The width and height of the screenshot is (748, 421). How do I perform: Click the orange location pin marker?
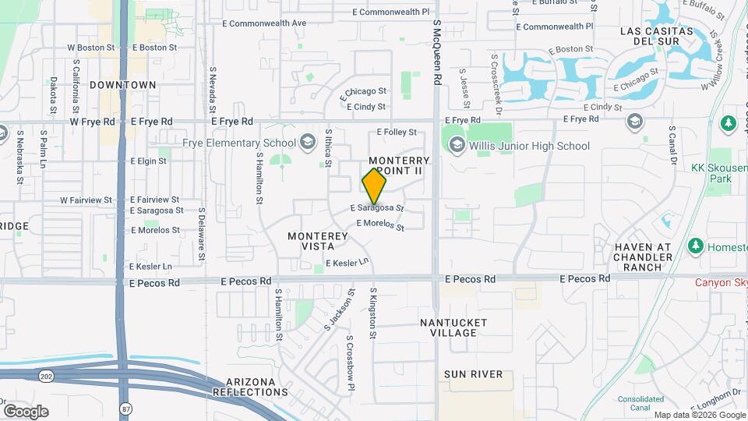pos(374,186)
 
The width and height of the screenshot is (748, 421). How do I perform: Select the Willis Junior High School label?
pos(529,146)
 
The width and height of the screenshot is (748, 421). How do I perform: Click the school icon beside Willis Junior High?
pos(456,145)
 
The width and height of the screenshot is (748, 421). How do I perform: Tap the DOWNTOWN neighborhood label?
pos(123,84)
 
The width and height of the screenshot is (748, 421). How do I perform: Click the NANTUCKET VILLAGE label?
pos(453,327)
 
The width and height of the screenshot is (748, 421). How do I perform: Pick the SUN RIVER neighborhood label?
pos(474,374)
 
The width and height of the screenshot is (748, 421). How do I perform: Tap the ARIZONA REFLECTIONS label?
pos(256,387)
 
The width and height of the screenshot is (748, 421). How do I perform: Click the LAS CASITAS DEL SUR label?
pos(656,37)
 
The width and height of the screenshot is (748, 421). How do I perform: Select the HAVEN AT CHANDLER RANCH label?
pos(643,257)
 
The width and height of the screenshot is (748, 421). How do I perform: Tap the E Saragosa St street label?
pos(377,208)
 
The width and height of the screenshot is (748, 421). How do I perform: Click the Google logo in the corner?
pos(26,411)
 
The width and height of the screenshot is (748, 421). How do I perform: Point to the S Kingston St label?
pos(373,313)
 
